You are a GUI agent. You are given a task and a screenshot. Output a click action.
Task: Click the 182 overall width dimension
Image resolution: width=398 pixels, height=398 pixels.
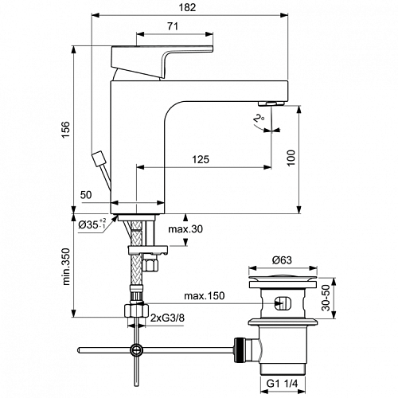tap(187, 7)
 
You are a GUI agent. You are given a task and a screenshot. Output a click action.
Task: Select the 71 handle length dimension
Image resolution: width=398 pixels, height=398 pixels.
tap(173, 26)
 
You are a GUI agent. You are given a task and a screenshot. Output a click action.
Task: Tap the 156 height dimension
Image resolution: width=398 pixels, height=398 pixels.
tap(65, 129)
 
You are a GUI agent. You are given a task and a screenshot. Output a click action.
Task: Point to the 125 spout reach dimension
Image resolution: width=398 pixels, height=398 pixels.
tap(201, 159)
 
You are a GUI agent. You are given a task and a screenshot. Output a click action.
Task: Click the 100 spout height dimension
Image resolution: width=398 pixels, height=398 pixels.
tap(291, 158)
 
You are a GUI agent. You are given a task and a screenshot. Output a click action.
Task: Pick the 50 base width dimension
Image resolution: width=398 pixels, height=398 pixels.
tap(86, 195)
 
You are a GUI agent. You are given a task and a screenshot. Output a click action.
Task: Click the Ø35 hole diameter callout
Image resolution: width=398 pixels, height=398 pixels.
tap(92, 224)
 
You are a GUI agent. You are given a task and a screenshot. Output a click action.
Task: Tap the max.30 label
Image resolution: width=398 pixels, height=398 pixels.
tap(185, 228)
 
